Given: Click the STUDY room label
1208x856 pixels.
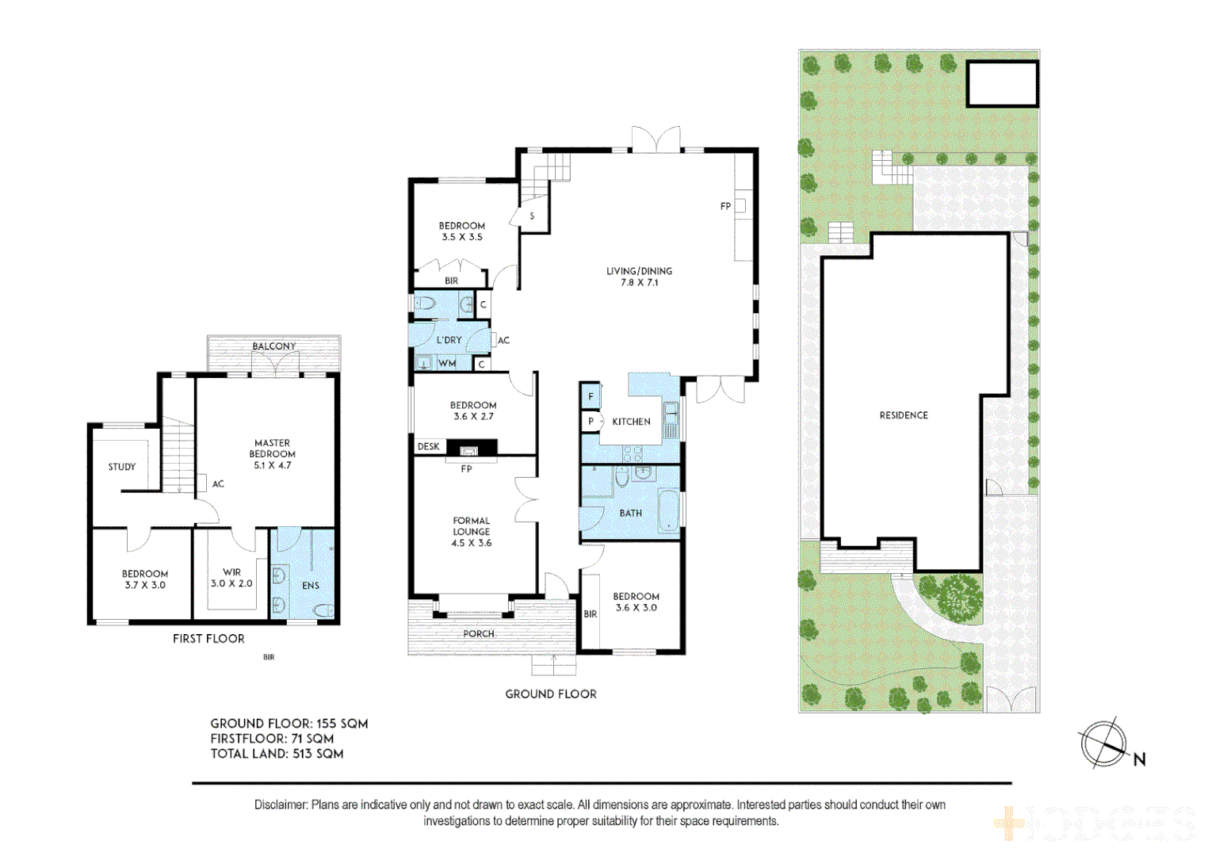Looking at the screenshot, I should point(122,467).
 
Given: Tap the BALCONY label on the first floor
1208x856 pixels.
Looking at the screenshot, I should point(273,346).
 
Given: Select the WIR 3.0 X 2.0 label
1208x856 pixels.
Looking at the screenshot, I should point(231,578).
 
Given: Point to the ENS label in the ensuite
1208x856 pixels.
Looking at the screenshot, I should point(311,586).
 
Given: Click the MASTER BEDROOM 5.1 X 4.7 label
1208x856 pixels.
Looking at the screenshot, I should point(273,454).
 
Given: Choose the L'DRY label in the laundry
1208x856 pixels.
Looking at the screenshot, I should point(449,340).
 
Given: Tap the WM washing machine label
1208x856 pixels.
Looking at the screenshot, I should point(447,364).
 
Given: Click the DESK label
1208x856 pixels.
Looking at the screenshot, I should point(428,447).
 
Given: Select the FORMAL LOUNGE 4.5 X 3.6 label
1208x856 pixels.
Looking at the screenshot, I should point(472,532).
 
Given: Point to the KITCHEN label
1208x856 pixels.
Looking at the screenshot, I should point(631,422).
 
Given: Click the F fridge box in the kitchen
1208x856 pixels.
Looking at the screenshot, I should point(591,396).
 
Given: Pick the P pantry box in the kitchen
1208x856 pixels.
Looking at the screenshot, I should point(591,422).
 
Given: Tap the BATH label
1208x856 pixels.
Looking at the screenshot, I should point(631,514).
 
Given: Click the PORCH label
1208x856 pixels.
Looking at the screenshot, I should point(479,634).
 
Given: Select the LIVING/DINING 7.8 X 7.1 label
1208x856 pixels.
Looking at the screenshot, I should point(639,277).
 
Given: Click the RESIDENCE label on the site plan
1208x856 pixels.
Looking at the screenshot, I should point(904,415).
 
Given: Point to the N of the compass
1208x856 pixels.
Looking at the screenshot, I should point(1139,759).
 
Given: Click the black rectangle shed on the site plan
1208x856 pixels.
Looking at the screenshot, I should point(1002,84).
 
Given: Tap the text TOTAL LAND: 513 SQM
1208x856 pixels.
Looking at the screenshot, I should point(277,754).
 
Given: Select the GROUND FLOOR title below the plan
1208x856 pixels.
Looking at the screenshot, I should point(551,694).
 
